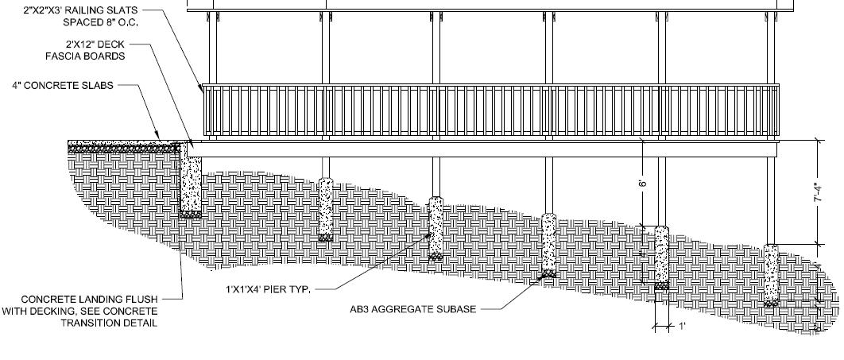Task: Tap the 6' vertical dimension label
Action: point(643,183)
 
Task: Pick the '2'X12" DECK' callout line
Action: point(95,45)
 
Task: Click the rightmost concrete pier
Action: point(770,273)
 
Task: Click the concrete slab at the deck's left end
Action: point(127,146)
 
